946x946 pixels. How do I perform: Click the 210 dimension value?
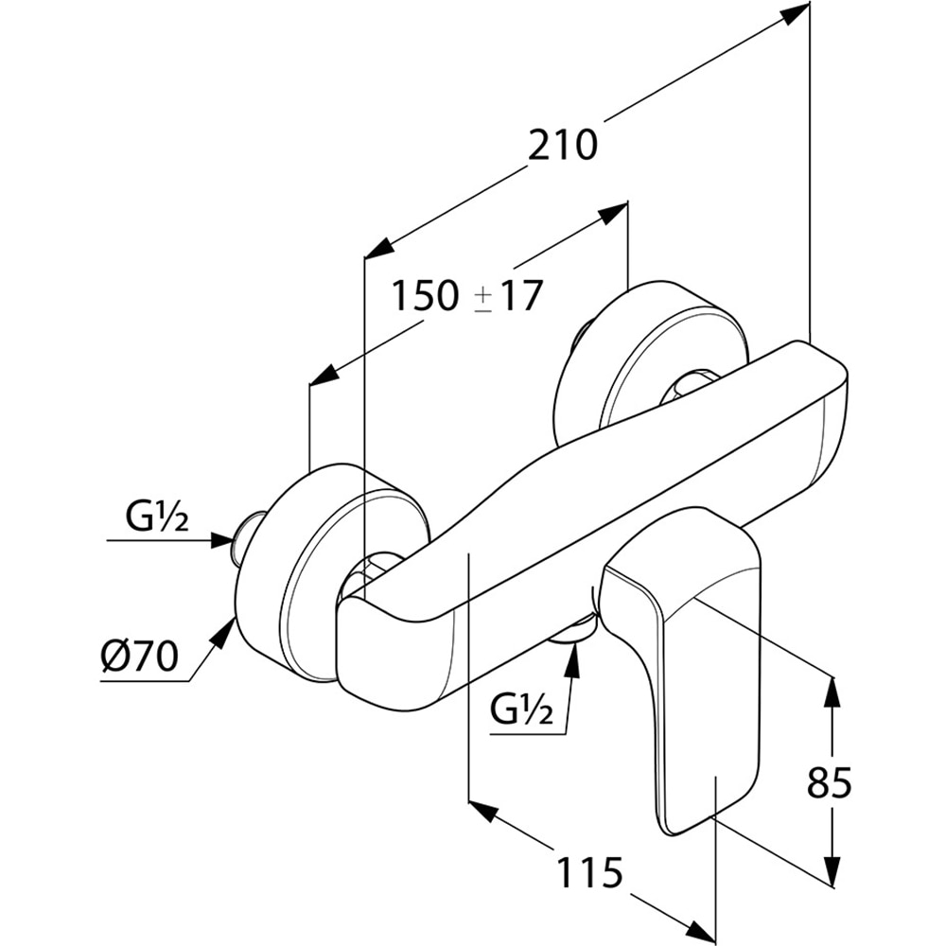tap(563, 145)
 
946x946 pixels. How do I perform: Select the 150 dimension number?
tap(425, 296)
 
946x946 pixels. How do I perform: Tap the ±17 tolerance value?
tap(509, 296)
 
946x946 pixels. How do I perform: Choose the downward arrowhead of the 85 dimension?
tap(832, 871)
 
